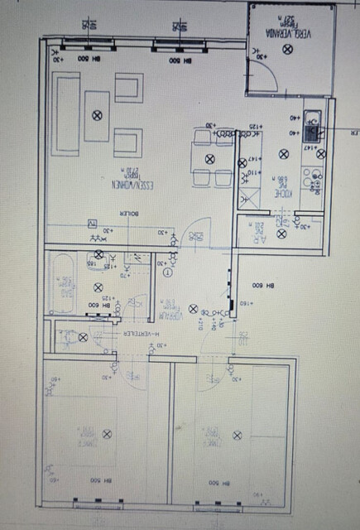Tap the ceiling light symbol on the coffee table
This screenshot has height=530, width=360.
(x=98, y=115)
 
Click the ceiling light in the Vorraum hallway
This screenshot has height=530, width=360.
(x=193, y=309)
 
